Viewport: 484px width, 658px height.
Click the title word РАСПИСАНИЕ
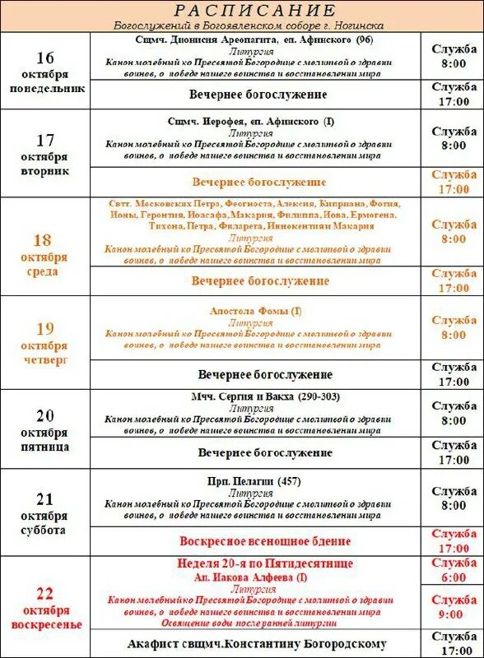click(x=256, y=10)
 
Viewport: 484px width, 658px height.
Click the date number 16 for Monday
click(x=45, y=57)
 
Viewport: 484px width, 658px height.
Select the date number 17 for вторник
click(x=45, y=140)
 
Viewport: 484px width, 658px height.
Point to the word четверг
click(x=45, y=360)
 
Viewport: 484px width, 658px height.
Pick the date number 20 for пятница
click(x=45, y=415)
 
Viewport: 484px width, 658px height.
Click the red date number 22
click(x=45, y=591)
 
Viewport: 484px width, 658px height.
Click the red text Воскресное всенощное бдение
click(x=265, y=541)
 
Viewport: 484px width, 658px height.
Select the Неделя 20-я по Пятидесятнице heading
click(x=265, y=563)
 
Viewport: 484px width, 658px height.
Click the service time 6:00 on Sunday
click(x=454, y=577)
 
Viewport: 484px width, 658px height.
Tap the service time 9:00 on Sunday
click(x=454, y=614)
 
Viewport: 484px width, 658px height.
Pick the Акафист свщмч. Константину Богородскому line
click(x=257, y=643)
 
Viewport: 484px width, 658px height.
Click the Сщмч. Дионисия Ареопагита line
click(x=253, y=39)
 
